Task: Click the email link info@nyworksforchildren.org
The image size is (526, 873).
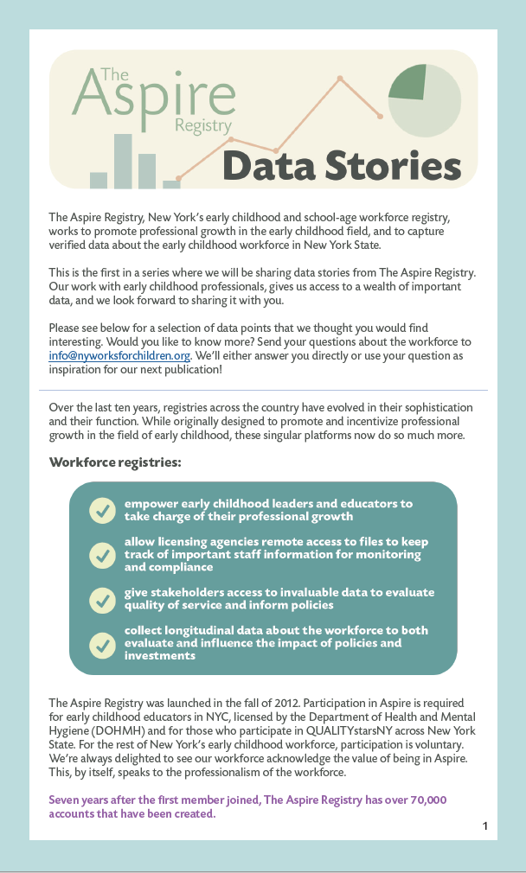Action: pyautogui.click(x=119, y=355)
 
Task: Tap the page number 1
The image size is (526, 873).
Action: pyautogui.click(x=485, y=826)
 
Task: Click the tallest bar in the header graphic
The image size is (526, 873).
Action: pyautogui.click(x=123, y=161)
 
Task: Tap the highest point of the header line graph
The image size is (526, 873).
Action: pyautogui.click(x=340, y=79)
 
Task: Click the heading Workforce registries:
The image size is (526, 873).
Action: pyautogui.click(x=115, y=462)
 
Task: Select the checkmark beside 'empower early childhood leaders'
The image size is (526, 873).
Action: pyautogui.click(x=102, y=510)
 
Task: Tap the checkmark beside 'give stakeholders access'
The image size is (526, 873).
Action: pyautogui.click(x=102, y=599)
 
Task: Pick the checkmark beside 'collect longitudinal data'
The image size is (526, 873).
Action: pyautogui.click(x=102, y=643)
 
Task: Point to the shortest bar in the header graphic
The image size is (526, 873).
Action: pyautogui.click(x=171, y=184)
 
